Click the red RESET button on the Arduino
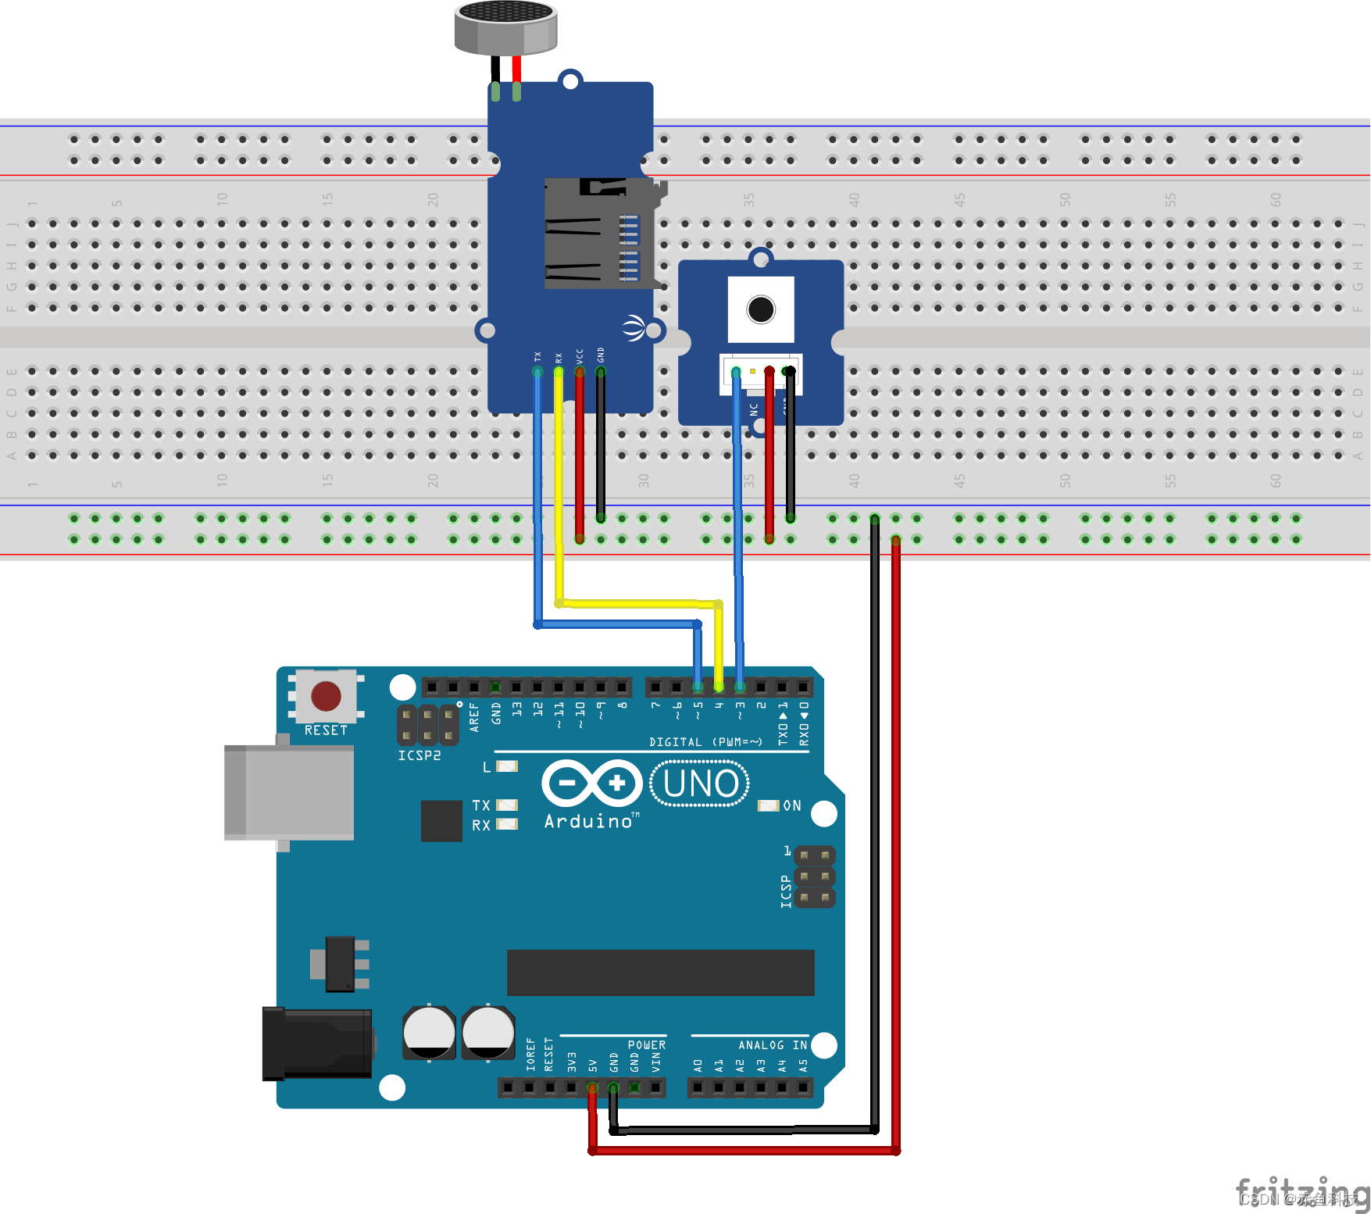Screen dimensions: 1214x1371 [326, 695]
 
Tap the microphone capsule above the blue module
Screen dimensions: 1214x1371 [506, 27]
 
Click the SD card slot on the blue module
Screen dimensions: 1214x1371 [598, 234]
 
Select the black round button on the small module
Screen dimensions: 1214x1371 [761, 309]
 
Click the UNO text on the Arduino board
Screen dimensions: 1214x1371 [700, 784]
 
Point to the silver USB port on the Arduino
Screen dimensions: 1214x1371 [289, 792]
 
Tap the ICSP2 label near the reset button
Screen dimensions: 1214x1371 [420, 756]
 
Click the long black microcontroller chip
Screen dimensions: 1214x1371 [660, 973]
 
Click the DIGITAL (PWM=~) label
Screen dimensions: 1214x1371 [705, 742]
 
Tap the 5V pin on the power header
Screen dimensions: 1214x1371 [592, 1087]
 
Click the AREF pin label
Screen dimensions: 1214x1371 [474, 717]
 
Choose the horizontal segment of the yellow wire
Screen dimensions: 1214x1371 [637, 603]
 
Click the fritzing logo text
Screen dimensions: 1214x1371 [1301, 1193]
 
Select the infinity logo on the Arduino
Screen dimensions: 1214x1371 [591, 783]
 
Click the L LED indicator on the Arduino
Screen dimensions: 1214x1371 [507, 766]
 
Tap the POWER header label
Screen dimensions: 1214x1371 [647, 1045]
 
